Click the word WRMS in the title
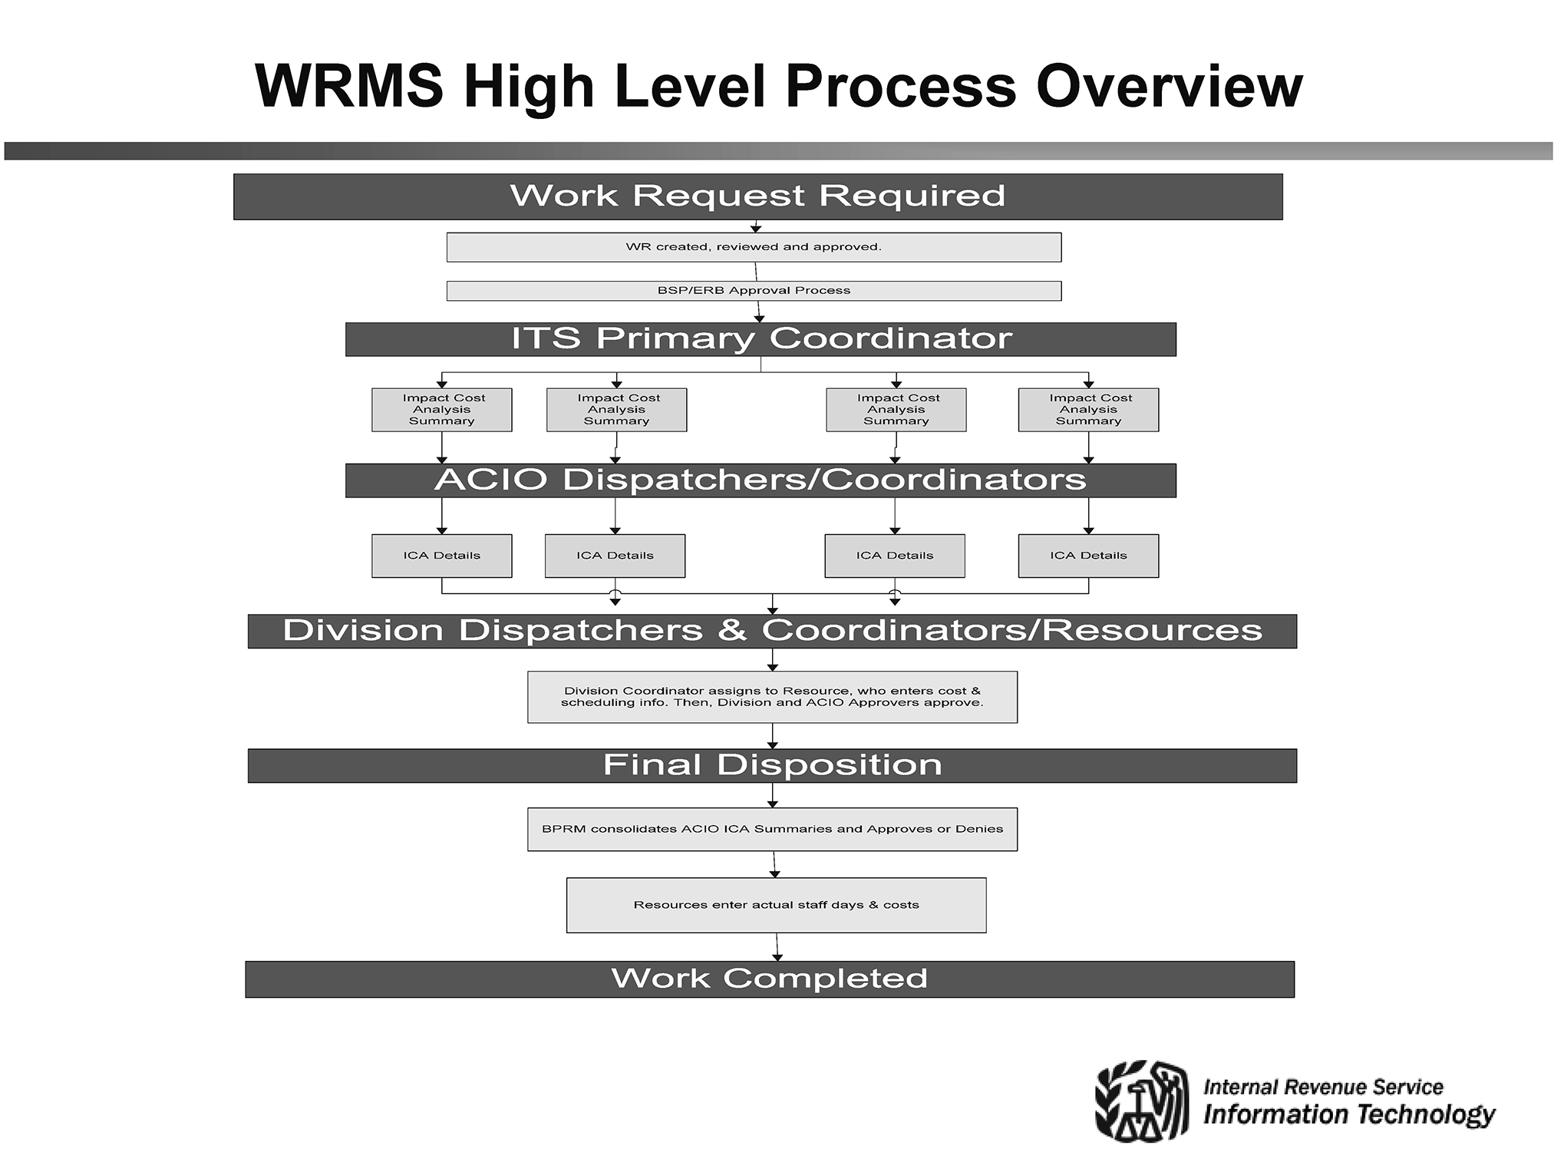click(x=348, y=86)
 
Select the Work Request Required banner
click(x=757, y=196)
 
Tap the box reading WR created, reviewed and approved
click(x=754, y=247)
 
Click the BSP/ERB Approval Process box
click(x=754, y=291)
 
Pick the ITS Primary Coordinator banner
click(x=761, y=339)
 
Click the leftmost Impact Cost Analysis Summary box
click(x=442, y=410)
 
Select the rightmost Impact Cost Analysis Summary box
click(x=1088, y=410)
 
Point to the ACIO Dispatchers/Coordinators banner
click(x=761, y=480)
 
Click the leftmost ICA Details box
click(x=442, y=556)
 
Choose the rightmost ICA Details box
click(x=1088, y=556)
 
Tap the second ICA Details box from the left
click(x=615, y=556)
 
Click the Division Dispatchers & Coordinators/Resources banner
click(x=772, y=631)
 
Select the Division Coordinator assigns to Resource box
click(x=772, y=697)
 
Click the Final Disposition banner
click(x=772, y=766)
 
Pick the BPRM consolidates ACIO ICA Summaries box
click(x=772, y=829)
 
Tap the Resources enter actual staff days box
click(x=776, y=905)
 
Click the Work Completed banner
click(x=770, y=979)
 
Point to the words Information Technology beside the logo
click(x=1349, y=1114)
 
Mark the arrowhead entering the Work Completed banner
click(x=777, y=957)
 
